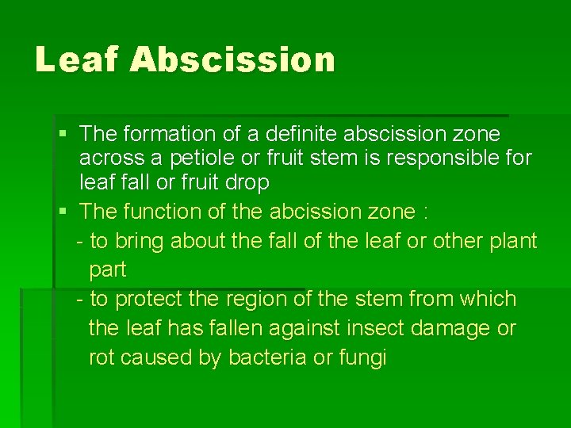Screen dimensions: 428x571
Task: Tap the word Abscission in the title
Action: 232,60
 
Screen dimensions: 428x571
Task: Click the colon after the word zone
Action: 426,212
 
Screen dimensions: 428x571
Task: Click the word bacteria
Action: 266,357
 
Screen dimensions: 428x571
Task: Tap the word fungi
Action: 363,358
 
